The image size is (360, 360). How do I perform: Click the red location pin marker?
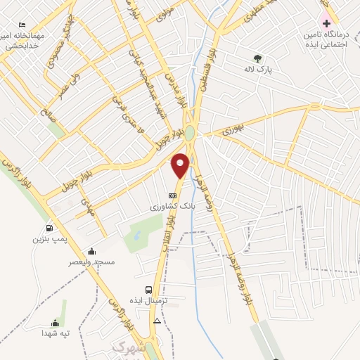181,165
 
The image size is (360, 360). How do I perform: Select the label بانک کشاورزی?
172,207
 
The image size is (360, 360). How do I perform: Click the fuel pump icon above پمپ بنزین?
49,228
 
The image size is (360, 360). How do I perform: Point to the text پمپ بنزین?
49,239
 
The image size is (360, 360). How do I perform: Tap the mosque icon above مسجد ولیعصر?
91,251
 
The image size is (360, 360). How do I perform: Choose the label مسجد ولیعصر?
91,262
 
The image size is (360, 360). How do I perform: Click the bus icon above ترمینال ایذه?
148,290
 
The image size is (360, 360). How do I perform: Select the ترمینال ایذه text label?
148,301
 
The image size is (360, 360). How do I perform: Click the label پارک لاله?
257,70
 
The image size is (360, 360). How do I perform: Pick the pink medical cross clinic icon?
326,23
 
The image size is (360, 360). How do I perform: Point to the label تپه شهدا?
55,333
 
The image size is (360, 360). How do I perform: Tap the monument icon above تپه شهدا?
55,322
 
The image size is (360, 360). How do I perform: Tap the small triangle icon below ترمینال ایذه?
157,320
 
